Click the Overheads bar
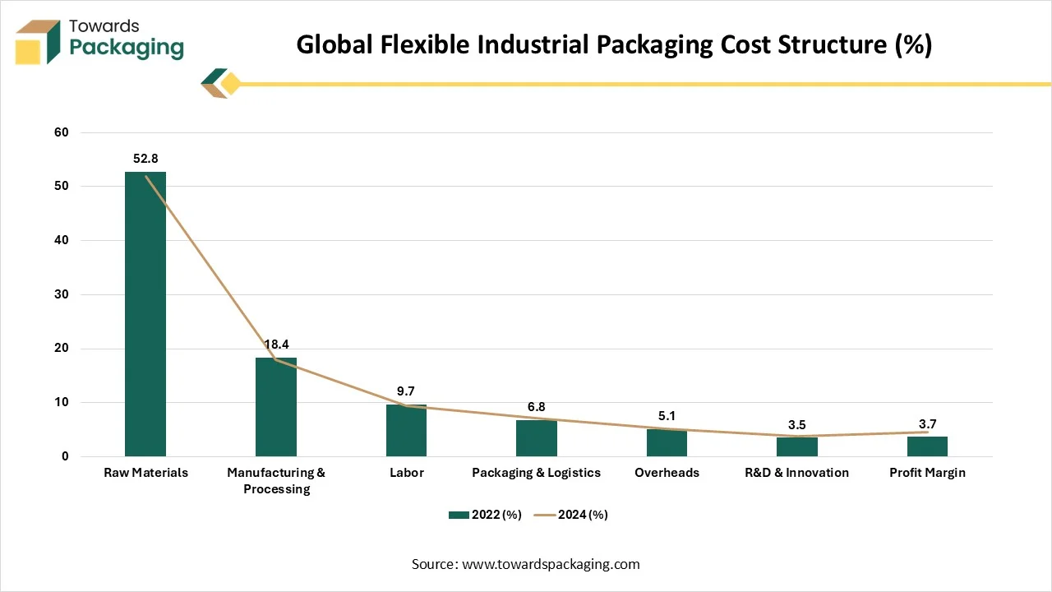coord(667,443)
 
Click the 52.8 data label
coord(145,157)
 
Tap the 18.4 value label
coord(276,345)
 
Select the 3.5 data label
coord(796,425)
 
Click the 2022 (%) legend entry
coord(485,515)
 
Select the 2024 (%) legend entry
coord(571,515)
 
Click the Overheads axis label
coord(667,473)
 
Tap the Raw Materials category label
coord(145,473)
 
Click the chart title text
coord(614,44)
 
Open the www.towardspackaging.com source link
coord(551,564)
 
